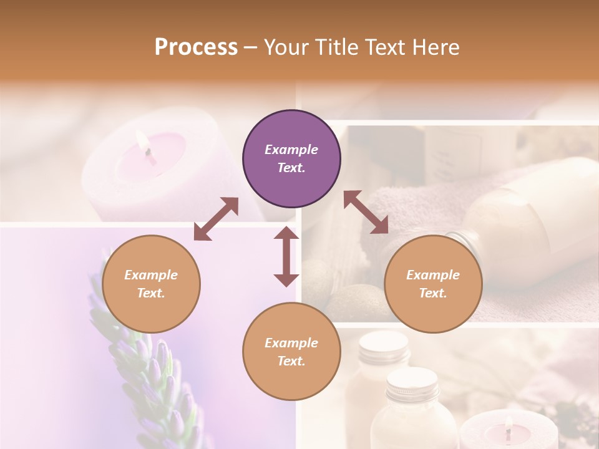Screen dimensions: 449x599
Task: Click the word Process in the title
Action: tap(196, 47)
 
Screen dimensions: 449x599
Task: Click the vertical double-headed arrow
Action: tap(286, 256)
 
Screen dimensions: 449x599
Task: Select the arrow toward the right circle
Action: tap(366, 212)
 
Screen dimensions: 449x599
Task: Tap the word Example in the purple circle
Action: tap(291, 150)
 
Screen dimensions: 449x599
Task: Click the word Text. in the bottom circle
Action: tap(291, 361)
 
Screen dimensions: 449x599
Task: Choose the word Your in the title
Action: tap(283, 47)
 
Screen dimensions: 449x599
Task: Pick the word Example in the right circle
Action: tap(433, 275)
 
